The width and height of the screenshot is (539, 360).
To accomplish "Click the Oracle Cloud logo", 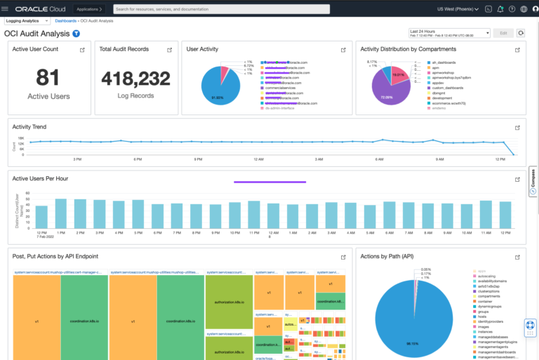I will tap(40, 9).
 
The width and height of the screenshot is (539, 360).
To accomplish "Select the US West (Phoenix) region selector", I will tap(454, 9).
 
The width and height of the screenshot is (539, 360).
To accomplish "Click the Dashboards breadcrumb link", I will tap(66, 21).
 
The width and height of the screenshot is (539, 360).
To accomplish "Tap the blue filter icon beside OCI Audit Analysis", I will tap(76, 34).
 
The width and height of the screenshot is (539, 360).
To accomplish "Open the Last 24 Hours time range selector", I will tap(448, 33).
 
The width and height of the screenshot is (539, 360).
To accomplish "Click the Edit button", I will tap(503, 33).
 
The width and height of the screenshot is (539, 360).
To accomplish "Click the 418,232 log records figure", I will tap(135, 78).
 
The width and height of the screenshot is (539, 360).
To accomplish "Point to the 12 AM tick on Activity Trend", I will tap(259, 159).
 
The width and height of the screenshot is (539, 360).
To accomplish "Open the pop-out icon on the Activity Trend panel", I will tap(517, 128).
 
